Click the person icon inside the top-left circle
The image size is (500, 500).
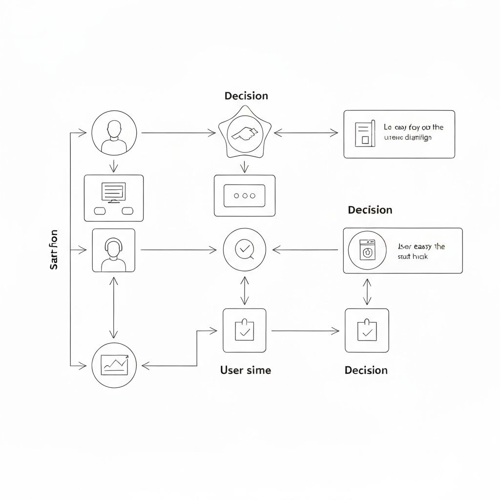click(x=114, y=136)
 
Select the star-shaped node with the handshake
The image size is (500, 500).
click(x=245, y=132)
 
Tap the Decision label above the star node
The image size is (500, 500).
click(x=246, y=96)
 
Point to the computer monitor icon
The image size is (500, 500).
click(x=113, y=192)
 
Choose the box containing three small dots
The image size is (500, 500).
click(x=244, y=195)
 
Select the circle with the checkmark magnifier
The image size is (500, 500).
click(x=244, y=250)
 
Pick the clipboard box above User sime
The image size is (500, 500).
click(x=244, y=331)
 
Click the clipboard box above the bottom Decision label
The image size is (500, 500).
click(x=367, y=331)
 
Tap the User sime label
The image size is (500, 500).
click(x=245, y=370)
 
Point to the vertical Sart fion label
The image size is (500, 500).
click(x=54, y=250)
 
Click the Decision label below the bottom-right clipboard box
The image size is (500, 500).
click(x=366, y=370)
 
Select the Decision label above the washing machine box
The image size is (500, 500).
click(x=370, y=210)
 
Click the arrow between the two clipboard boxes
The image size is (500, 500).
click(x=305, y=331)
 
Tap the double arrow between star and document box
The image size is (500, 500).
click(x=306, y=132)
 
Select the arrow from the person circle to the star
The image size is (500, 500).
click(x=178, y=132)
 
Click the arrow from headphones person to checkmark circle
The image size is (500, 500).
click(x=178, y=250)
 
